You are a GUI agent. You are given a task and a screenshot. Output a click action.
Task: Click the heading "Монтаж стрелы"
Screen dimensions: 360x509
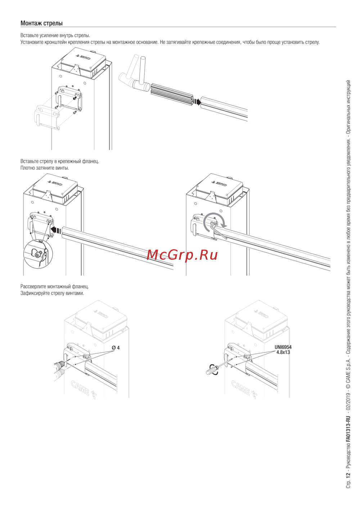tap(41, 23)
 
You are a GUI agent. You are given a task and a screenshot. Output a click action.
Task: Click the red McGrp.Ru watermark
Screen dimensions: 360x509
tap(182, 255)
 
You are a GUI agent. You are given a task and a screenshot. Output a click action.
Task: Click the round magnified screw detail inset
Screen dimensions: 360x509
tap(38, 254)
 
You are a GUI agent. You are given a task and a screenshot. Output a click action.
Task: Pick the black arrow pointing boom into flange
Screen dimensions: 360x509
tap(56, 230)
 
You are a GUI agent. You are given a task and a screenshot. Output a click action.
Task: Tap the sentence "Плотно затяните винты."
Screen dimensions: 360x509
tap(45, 168)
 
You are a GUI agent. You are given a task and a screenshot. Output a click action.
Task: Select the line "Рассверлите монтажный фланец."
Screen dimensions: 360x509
tap(55, 286)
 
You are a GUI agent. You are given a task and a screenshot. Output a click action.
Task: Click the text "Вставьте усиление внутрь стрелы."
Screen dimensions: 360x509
tap(55, 36)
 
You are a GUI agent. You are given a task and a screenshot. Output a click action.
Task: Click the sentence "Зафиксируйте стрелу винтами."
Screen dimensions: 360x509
tap(52, 293)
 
